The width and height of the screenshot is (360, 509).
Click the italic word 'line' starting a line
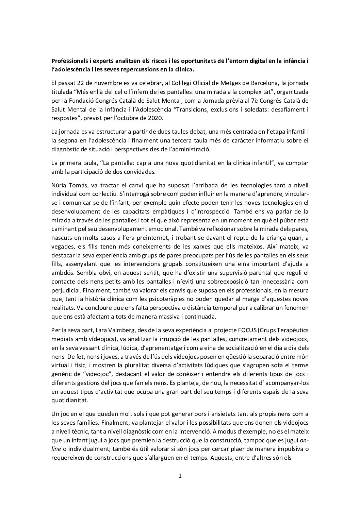(x=56, y=441)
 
